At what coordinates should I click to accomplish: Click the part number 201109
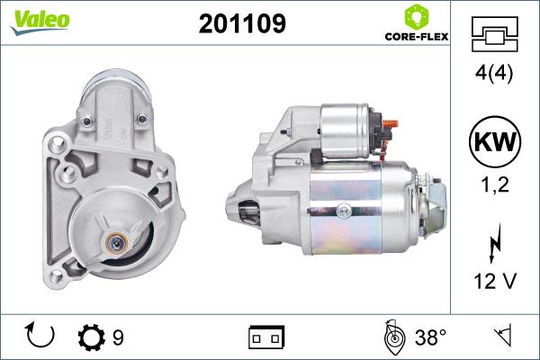coord(241,24)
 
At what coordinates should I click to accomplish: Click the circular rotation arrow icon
coord(42,337)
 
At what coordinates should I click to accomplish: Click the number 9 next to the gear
coord(118,337)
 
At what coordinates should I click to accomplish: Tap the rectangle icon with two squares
coord(265,337)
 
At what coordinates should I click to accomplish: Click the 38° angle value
coord(430,337)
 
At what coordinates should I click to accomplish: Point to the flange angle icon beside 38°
coord(393,337)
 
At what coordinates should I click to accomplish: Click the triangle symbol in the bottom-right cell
coord(505,337)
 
